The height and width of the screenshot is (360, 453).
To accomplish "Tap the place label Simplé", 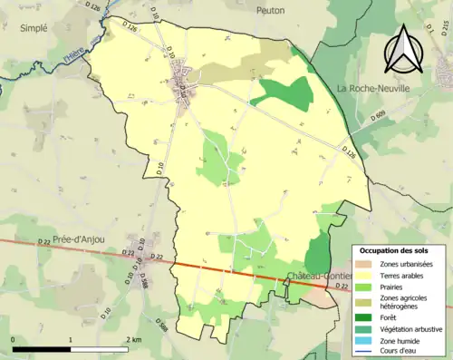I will click(x=34, y=28).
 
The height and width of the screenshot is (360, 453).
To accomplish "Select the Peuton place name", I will click(x=270, y=10).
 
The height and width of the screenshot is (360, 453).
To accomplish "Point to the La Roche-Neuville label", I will click(x=372, y=88).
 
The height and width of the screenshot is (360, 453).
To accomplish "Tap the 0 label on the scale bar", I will click(x=13, y=339).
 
